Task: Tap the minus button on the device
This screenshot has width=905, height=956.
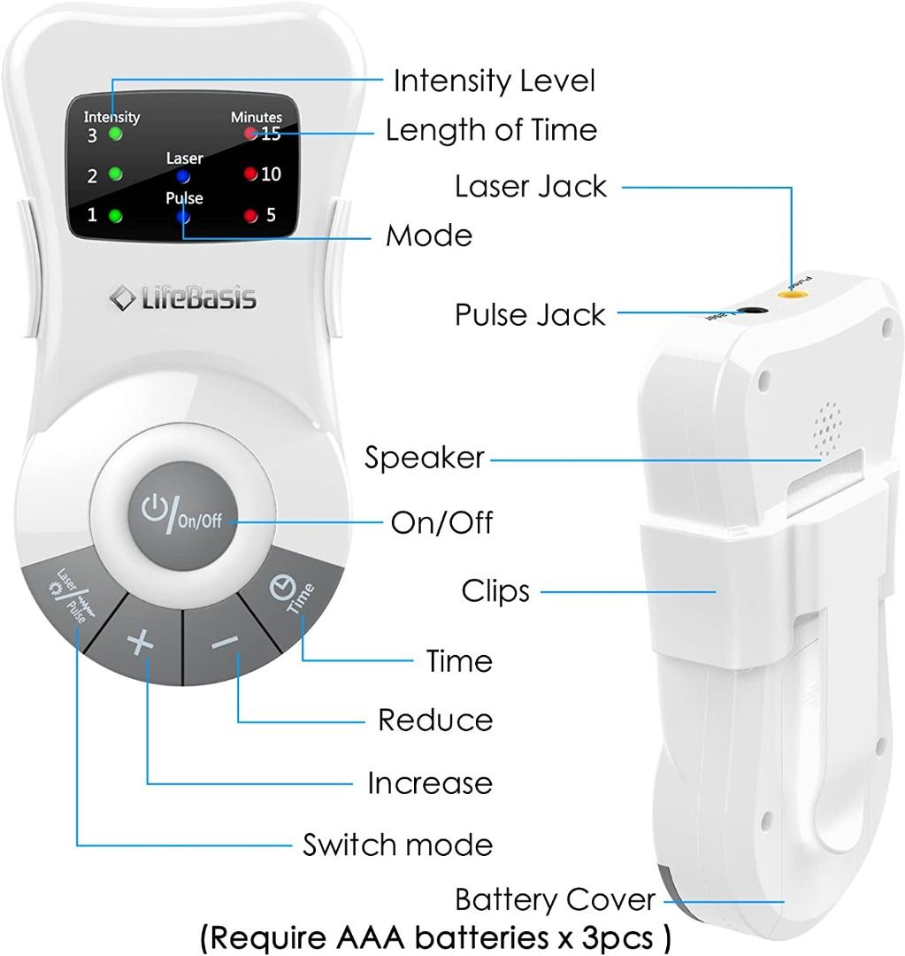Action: point(223,642)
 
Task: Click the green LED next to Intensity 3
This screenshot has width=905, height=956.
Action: point(114,135)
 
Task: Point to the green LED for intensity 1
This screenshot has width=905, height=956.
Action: point(114,215)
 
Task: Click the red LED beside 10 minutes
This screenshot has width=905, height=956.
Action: point(250,173)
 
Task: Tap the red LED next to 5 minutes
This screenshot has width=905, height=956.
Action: point(250,215)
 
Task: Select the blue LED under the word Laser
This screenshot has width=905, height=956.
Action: point(183,176)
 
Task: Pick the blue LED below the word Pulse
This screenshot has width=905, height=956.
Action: point(183,216)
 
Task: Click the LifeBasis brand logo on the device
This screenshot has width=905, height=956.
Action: point(184,298)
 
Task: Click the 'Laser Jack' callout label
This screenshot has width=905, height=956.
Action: point(531,187)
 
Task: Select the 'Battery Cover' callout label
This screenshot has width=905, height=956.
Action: point(556,900)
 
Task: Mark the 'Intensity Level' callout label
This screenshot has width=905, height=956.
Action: point(494,81)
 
